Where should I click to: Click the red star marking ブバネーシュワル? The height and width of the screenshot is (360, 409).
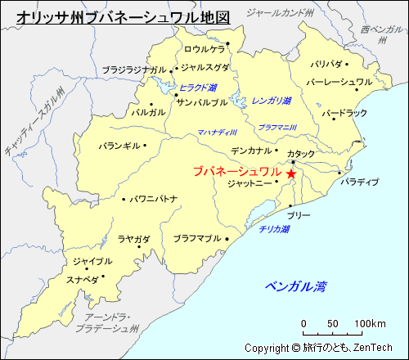click(x=291, y=173)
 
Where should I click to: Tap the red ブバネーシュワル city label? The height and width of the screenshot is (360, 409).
click(x=238, y=172)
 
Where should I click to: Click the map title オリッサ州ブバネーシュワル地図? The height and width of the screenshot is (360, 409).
click(x=124, y=16)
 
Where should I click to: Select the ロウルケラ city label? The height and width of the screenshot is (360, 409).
click(x=204, y=49)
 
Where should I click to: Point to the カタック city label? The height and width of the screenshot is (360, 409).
click(x=300, y=154)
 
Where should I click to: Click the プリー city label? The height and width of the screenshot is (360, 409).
click(x=299, y=214)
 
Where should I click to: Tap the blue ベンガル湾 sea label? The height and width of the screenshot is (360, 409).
click(x=295, y=286)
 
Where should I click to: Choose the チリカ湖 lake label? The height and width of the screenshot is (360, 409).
click(x=274, y=230)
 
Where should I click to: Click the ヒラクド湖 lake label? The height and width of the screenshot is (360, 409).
click(x=198, y=88)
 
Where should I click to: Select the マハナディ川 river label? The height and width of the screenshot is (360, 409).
click(x=217, y=133)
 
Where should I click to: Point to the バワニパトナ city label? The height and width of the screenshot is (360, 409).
click(x=154, y=199)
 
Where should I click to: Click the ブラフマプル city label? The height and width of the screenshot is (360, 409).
click(x=197, y=238)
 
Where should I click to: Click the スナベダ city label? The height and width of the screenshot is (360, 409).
click(x=83, y=279)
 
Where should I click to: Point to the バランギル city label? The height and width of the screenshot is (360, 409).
click(x=119, y=147)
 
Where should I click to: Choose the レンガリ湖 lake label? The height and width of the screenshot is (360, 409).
click(x=272, y=101)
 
